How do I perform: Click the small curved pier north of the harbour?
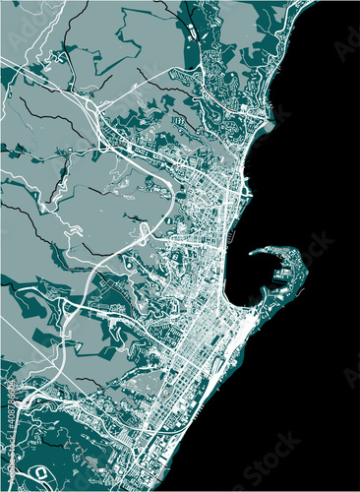[x=234, y=237]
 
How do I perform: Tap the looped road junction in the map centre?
[x=144, y=232]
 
